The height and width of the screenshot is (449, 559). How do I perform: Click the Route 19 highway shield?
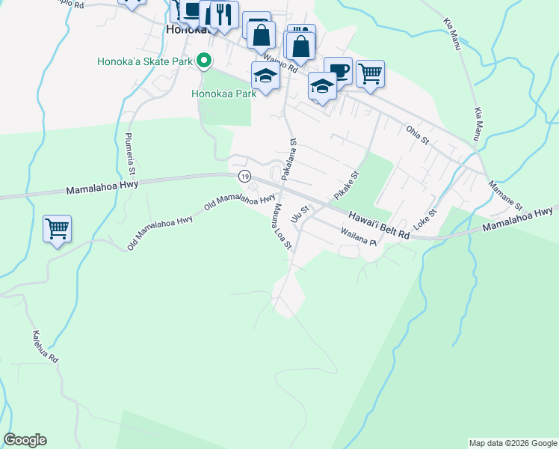(x=244, y=176)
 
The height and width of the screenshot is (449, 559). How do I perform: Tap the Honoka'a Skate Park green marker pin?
(x=203, y=61)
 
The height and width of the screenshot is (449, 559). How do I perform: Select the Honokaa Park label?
(x=223, y=94)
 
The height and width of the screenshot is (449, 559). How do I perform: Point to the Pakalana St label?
(x=288, y=158)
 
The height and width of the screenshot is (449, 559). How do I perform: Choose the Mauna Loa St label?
(x=282, y=226)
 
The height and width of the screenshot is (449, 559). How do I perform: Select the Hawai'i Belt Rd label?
(x=378, y=224)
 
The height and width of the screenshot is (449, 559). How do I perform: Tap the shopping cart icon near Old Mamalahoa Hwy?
(x=57, y=228)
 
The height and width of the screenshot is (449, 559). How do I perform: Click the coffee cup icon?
(x=338, y=70)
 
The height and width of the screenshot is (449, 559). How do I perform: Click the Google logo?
(x=25, y=440)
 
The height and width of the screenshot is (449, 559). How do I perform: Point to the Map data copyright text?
(x=513, y=443)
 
